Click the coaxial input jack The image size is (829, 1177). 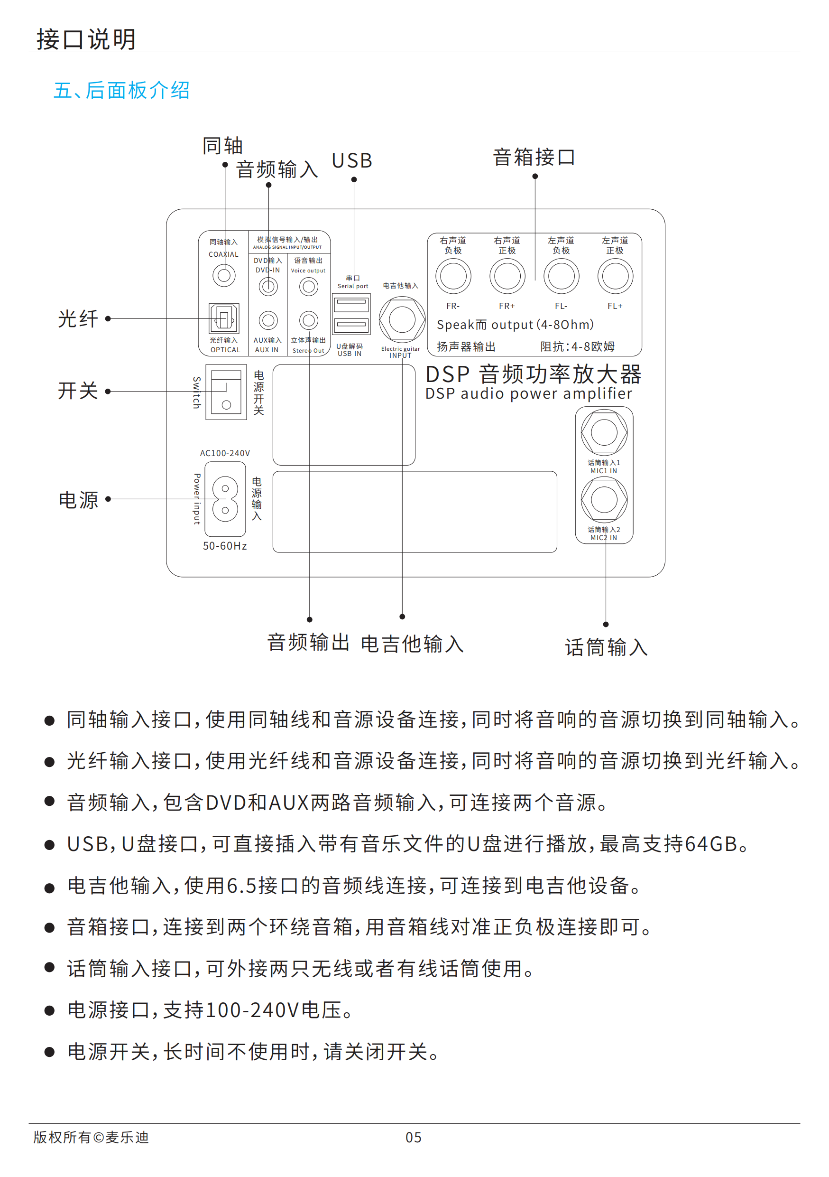[224, 276]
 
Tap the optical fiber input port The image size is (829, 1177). [224, 318]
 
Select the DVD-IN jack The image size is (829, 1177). [268, 287]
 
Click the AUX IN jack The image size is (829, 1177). [268, 320]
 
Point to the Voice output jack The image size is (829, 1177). [308, 287]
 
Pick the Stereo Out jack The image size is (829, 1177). [308, 320]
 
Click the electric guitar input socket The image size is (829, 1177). [402, 319]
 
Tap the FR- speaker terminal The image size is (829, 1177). [453, 276]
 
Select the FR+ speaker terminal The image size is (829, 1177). [507, 276]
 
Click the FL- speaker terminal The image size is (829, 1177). [562, 276]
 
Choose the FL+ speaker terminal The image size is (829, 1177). [615, 276]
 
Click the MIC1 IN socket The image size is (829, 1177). [604, 432]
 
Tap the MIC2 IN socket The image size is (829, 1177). [604, 499]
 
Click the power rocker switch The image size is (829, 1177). [226, 392]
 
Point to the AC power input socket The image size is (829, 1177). [225, 499]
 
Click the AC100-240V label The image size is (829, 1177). [225, 453]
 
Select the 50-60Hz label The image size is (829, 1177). [225, 546]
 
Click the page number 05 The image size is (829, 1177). [414, 1138]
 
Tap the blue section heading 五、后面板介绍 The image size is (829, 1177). [122, 90]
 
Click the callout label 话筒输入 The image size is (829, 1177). [606, 647]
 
